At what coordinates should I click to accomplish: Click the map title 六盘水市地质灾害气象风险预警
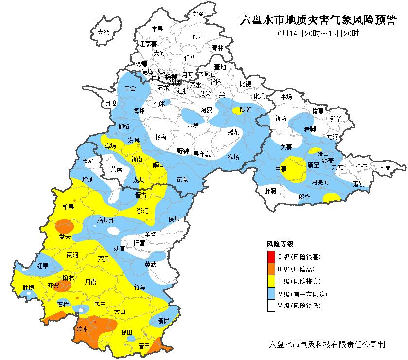coord(319,21)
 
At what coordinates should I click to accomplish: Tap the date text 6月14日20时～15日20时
coord(319,34)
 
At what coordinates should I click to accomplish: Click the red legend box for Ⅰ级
coord(271,256)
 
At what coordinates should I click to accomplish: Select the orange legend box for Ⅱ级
coord(271,269)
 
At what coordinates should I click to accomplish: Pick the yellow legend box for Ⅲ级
coord(271,281)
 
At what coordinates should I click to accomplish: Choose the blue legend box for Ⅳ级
coord(271,294)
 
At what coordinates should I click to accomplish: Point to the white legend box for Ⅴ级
coord(271,306)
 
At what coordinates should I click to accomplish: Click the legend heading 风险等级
coord(280,244)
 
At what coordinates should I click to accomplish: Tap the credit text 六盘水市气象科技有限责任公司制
coord(327,344)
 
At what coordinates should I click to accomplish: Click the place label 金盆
coord(198,13)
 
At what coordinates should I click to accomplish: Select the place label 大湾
coord(103,32)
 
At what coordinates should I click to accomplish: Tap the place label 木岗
coord(385,168)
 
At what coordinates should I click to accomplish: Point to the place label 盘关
coord(65,236)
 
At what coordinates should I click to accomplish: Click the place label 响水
coord(83,329)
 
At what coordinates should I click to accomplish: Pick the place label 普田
coord(144,346)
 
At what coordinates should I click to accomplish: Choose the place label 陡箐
coord(245,110)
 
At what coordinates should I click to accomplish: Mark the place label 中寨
coord(281,169)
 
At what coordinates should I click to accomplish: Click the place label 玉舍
coord(130,90)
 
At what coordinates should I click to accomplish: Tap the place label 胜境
coord(29,288)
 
